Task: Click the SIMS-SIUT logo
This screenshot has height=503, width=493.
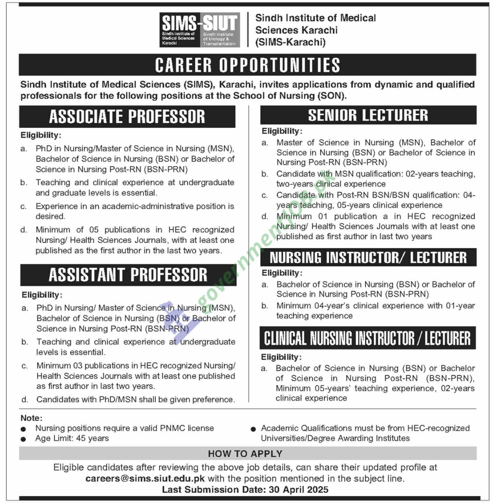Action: pyautogui.click(x=199, y=30)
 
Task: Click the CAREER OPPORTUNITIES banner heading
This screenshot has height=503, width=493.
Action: pyautogui.click(x=247, y=65)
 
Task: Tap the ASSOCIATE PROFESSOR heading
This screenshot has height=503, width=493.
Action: pyautogui.click(x=127, y=117)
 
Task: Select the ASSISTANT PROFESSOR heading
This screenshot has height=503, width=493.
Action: pyautogui.click(x=128, y=275)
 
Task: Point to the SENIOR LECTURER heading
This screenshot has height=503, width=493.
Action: pyautogui.click(x=368, y=115)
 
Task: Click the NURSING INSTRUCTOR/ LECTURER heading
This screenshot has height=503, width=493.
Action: pyautogui.click(x=368, y=258)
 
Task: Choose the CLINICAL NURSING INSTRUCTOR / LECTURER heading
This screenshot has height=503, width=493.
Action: pyautogui.click(x=368, y=338)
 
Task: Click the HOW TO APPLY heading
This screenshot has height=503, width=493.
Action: pyautogui.click(x=245, y=454)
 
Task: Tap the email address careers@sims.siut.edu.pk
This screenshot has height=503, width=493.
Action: pyautogui.click(x=145, y=479)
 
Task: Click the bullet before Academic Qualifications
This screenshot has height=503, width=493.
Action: pyautogui.click(x=253, y=429)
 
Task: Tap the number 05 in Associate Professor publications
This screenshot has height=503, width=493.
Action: pyautogui.click(x=94, y=230)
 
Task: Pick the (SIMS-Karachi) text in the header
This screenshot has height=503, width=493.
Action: pyautogui.click(x=290, y=42)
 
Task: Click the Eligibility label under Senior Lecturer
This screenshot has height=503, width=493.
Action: pyautogui.click(x=281, y=131)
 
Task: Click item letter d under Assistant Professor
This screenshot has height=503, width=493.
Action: pyautogui.click(x=25, y=400)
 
